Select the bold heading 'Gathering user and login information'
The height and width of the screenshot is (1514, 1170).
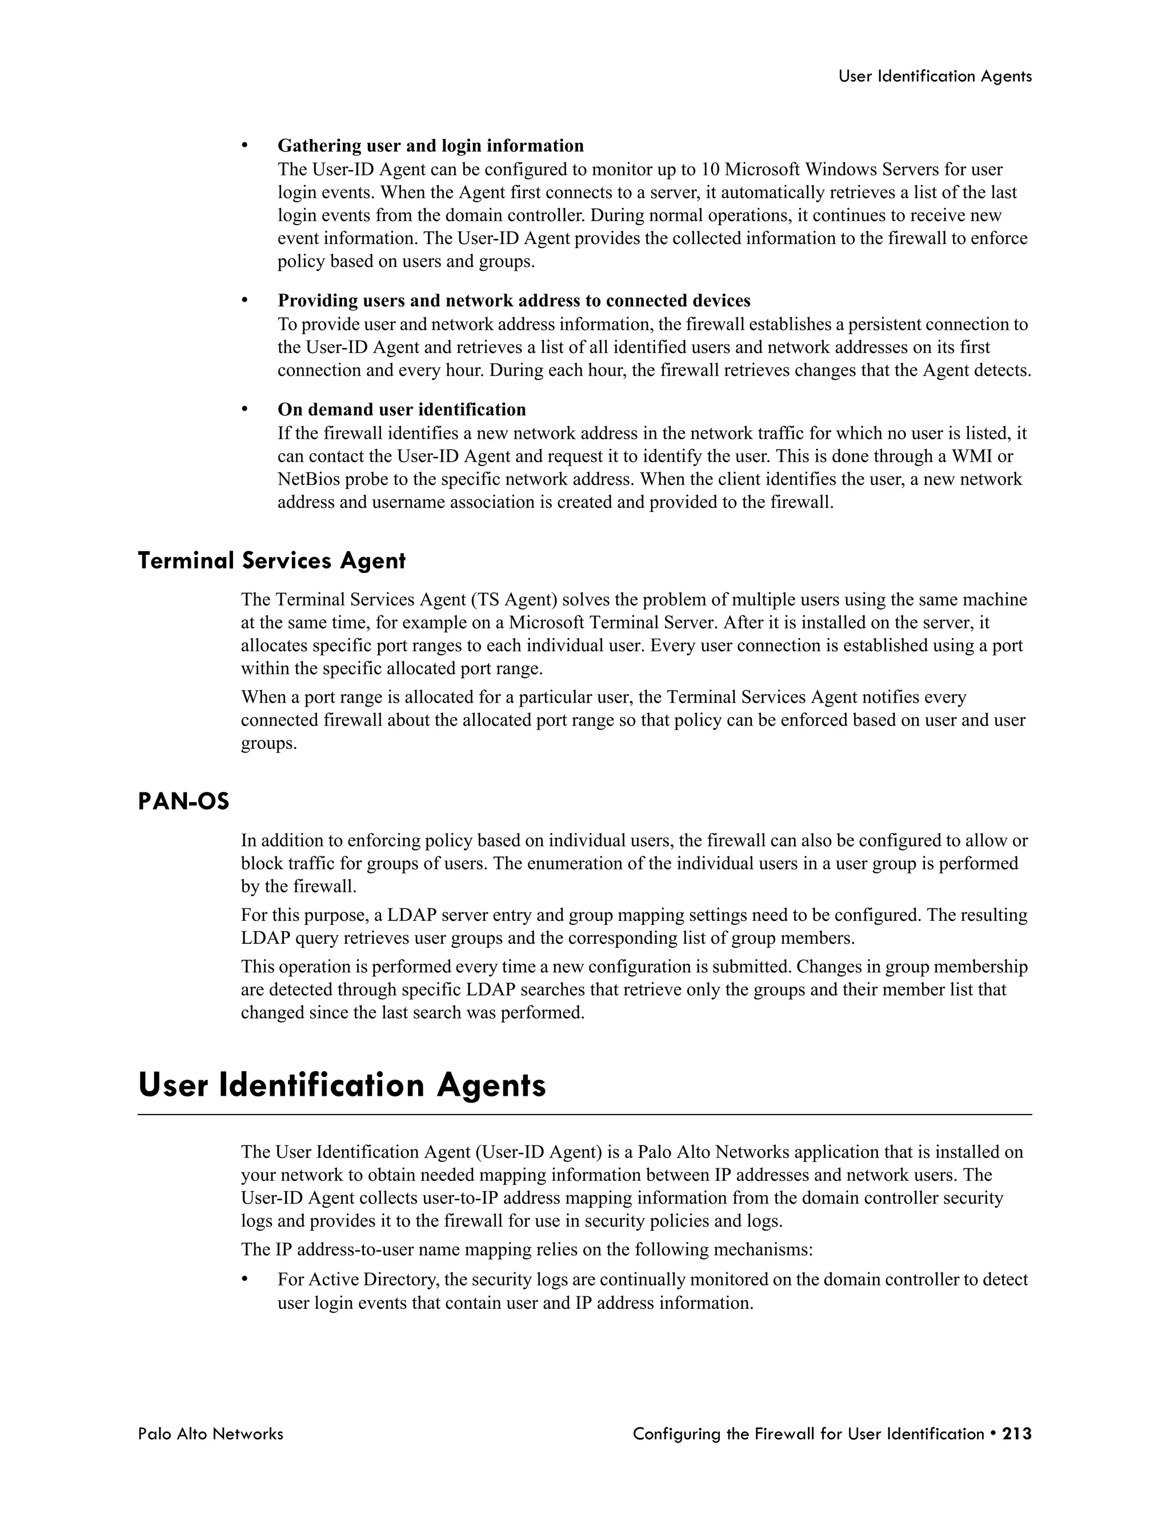tap(430, 146)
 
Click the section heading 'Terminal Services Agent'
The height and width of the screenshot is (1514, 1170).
tap(272, 560)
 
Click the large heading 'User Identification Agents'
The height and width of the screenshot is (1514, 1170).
tap(342, 1086)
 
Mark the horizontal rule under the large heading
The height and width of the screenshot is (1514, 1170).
tap(584, 1114)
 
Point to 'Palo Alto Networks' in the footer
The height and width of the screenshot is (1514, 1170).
tap(211, 1433)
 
